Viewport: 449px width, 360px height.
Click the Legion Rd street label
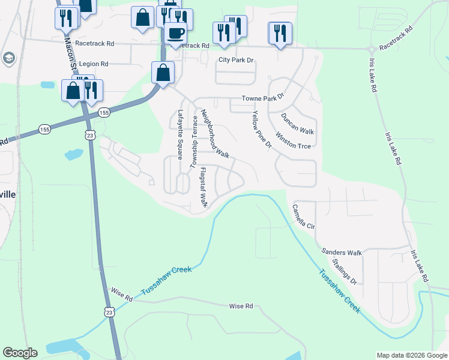93,64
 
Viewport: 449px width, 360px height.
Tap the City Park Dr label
237,60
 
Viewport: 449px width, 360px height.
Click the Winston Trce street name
293,142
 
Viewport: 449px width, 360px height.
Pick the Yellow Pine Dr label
262,130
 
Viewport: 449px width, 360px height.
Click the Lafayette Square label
179,134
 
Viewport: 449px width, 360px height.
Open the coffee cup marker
176,34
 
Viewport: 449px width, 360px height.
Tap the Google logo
20,353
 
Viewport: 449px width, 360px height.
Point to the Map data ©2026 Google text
411,355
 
